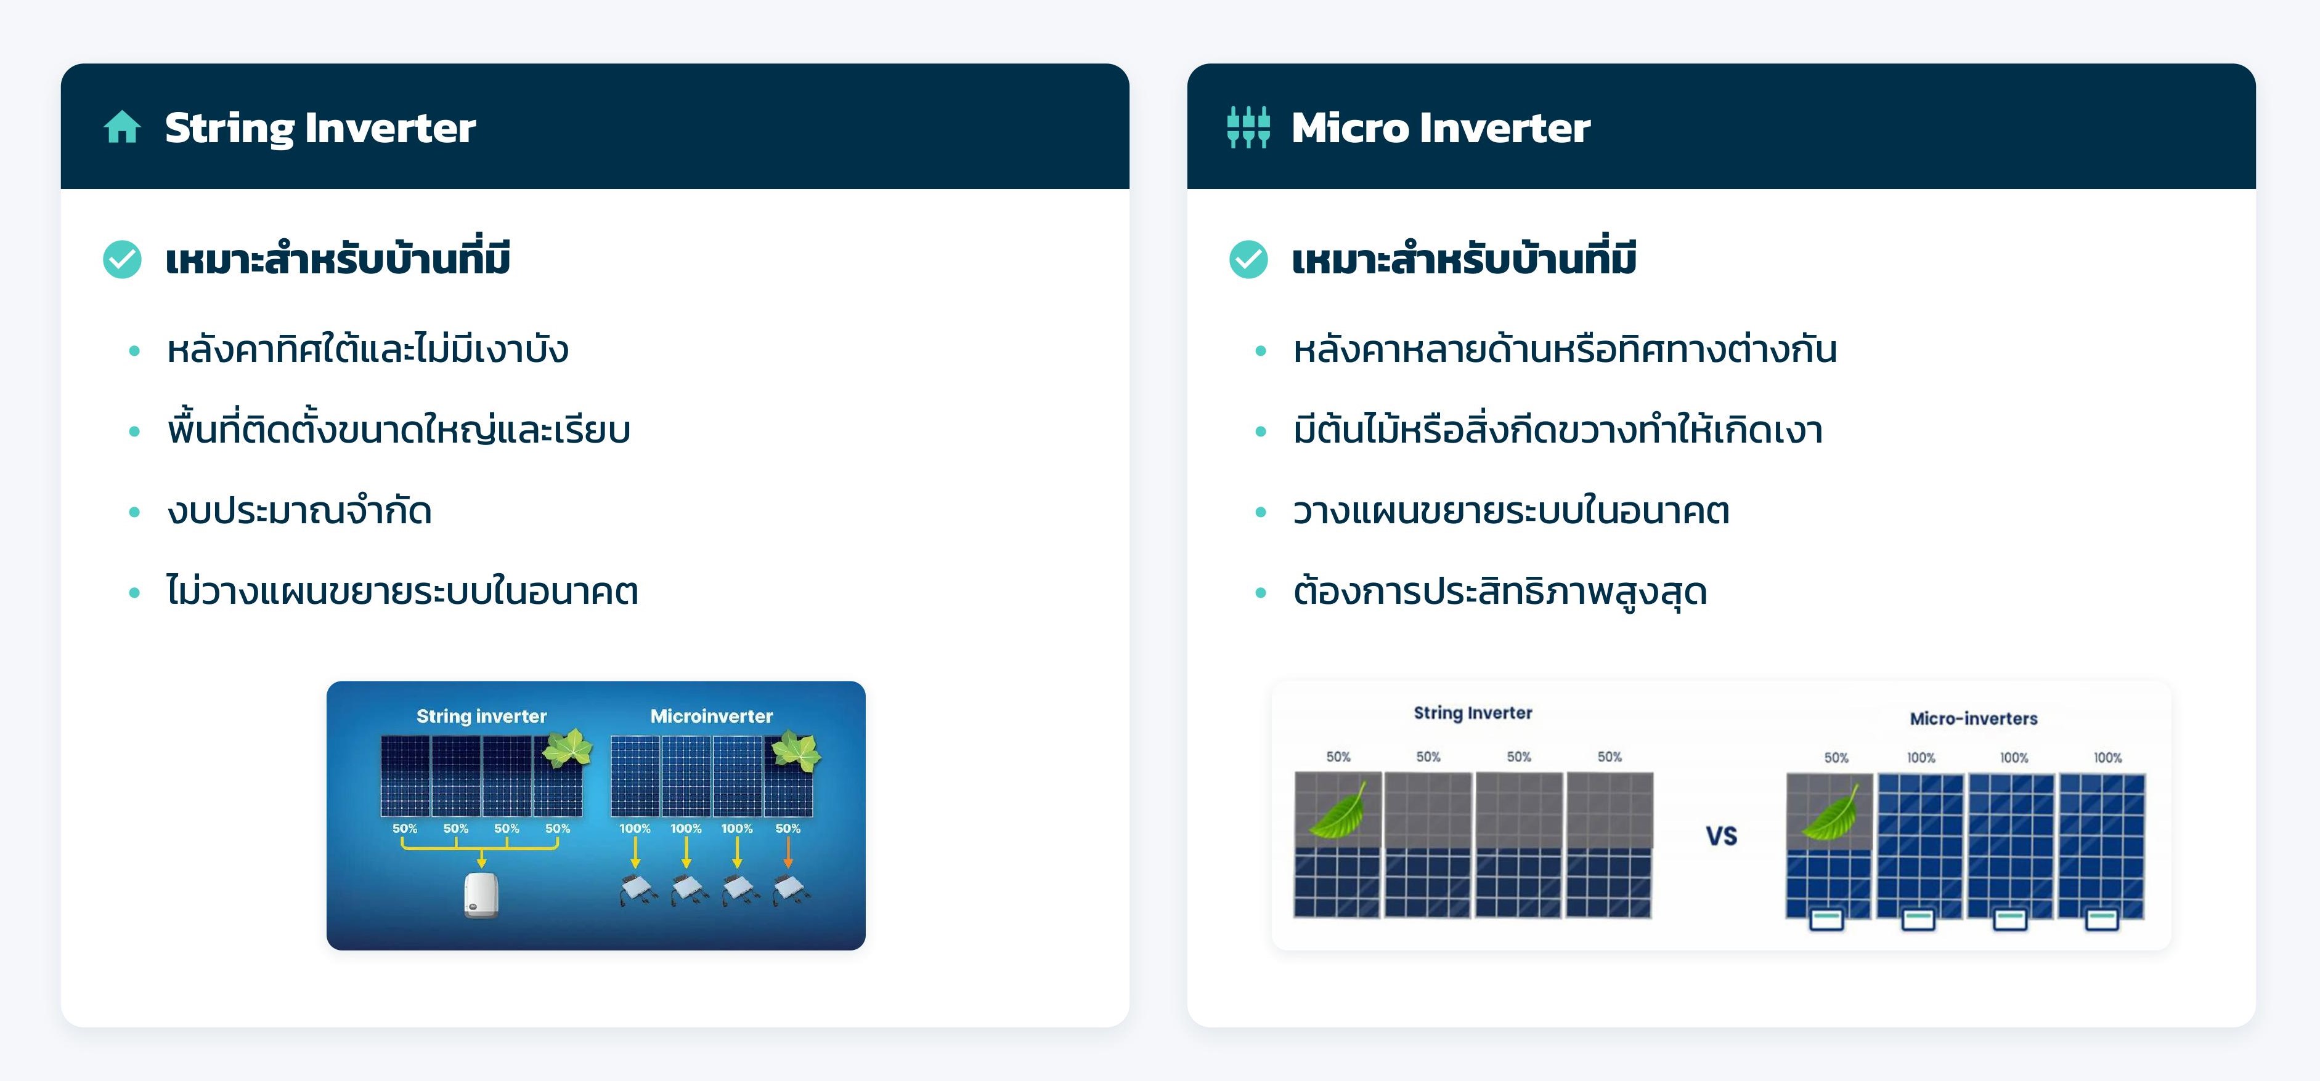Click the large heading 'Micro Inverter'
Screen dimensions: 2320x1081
click(x=1441, y=128)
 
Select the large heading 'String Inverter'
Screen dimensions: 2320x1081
click(x=320, y=128)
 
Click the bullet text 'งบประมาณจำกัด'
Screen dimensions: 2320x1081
click(x=299, y=510)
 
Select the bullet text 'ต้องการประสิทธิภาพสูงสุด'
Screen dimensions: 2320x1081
click(x=1500, y=592)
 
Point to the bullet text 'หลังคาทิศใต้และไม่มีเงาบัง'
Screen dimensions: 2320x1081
click(x=367, y=348)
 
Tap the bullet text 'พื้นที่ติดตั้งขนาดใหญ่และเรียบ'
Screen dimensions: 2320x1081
click(x=398, y=429)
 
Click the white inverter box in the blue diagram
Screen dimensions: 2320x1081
click(x=481, y=894)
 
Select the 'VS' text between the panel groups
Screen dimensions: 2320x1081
click(x=1721, y=836)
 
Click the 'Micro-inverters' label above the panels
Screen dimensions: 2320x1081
click(x=1973, y=718)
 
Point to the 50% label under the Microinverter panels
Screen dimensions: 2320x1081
click(x=788, y=828)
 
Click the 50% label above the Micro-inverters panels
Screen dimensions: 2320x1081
click(x=1836, y=758)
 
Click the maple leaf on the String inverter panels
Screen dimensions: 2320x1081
click(x=566, y=749)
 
